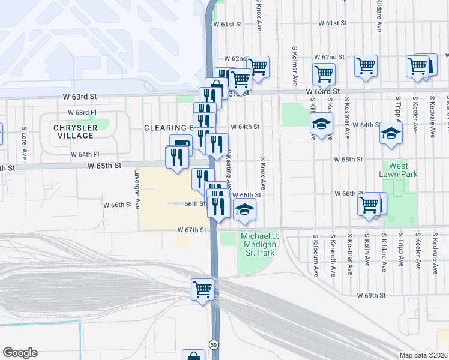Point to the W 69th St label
370,296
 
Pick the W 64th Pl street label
85,154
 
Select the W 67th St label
191,230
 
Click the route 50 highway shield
214,344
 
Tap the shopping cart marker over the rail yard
202,289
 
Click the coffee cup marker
181,145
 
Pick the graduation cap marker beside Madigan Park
244,209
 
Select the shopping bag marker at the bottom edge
193,356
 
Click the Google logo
20,353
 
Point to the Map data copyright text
423,355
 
